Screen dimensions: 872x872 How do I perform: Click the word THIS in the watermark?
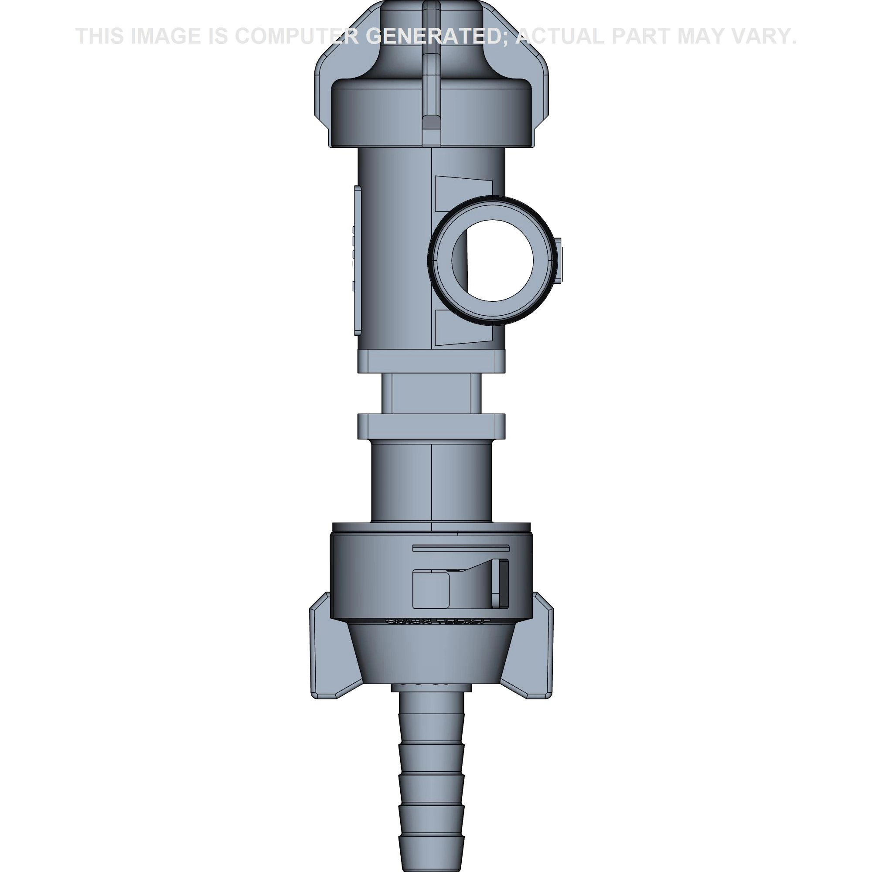click(100, 36)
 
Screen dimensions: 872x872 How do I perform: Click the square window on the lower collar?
click(431, 589)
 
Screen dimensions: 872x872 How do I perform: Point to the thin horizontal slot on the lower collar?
click(460, 548)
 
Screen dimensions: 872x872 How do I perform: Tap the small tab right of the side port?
click(559, 261)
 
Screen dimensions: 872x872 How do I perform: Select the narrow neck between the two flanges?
click(431, 394)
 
